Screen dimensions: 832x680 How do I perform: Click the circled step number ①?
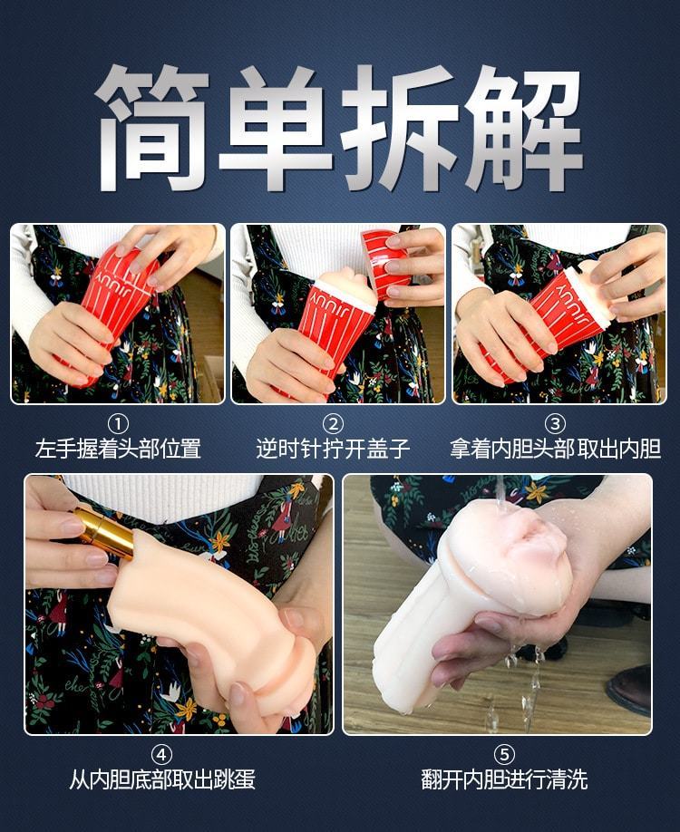click(118, 424)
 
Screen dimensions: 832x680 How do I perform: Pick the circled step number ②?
click(333, 424)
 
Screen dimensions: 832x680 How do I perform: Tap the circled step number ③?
click(555, 424)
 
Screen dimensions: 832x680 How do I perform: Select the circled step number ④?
click(162, 754)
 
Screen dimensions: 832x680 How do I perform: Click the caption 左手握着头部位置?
click(118, 449)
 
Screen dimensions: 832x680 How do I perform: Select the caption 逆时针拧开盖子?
click(333, 449)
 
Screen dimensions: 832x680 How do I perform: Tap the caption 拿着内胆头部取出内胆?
click(555, 449)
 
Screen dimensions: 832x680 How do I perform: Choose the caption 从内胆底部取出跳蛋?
click(162, 779)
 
